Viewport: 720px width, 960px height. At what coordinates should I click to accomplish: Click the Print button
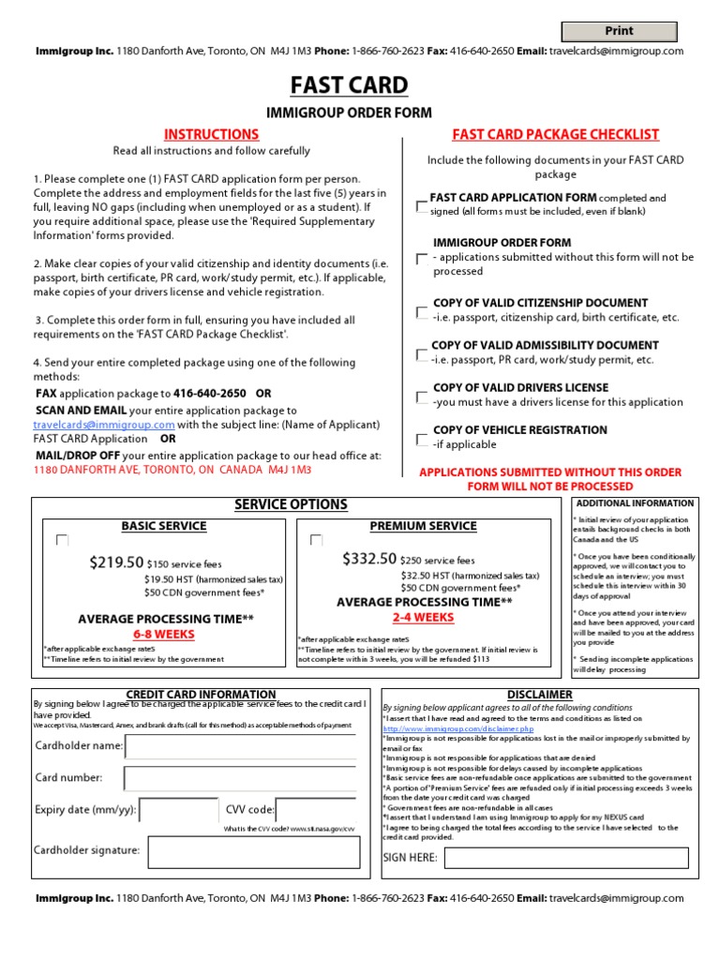[619, 32]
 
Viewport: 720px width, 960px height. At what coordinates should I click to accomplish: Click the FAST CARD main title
[349, 85]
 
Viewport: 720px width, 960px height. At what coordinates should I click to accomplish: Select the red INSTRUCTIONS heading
[211, 135]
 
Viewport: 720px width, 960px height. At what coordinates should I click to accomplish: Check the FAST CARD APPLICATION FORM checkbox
[421, 205]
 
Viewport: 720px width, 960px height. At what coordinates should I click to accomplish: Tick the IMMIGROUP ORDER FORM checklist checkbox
[421, 259]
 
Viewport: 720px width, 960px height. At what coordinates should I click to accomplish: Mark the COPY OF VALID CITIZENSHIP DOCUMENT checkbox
[421, 312]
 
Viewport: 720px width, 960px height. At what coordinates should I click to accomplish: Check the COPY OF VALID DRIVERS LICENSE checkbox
[421, 397]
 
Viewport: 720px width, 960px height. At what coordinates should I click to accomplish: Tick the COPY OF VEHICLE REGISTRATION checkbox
[421, 439]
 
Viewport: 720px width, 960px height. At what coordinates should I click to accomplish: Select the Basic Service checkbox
[62, 540]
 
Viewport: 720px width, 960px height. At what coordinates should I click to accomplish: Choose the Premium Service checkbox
[316, 540]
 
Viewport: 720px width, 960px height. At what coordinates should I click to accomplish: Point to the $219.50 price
[116, 562]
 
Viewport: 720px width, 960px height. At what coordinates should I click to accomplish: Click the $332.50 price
[369, 559]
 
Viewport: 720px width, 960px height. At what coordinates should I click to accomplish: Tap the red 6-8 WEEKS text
[163, 635]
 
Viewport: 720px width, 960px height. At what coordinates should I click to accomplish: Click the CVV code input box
[315, 810]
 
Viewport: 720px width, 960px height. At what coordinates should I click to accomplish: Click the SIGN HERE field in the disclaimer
[565, 858]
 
